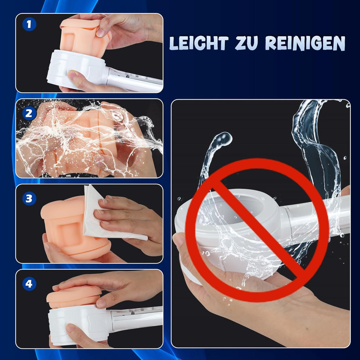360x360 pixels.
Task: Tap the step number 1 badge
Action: point(29,24)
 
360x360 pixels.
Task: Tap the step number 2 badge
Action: point(29,113)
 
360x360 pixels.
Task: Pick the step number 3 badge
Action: point(29,199)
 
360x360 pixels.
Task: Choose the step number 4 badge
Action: point(29,284)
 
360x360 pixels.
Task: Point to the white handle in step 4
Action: point(137,318)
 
